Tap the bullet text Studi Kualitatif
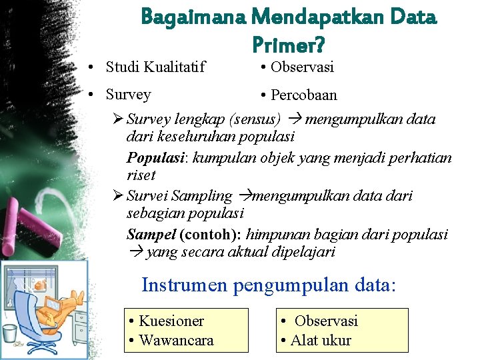(155, 67)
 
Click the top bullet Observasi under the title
(302, 67)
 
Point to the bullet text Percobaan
(303, 95)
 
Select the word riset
(141, 175)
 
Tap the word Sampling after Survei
(201, 196)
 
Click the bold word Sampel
(151, 235)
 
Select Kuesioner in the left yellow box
(171, 321)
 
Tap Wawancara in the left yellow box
(176, 340)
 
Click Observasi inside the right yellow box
(326, 321)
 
